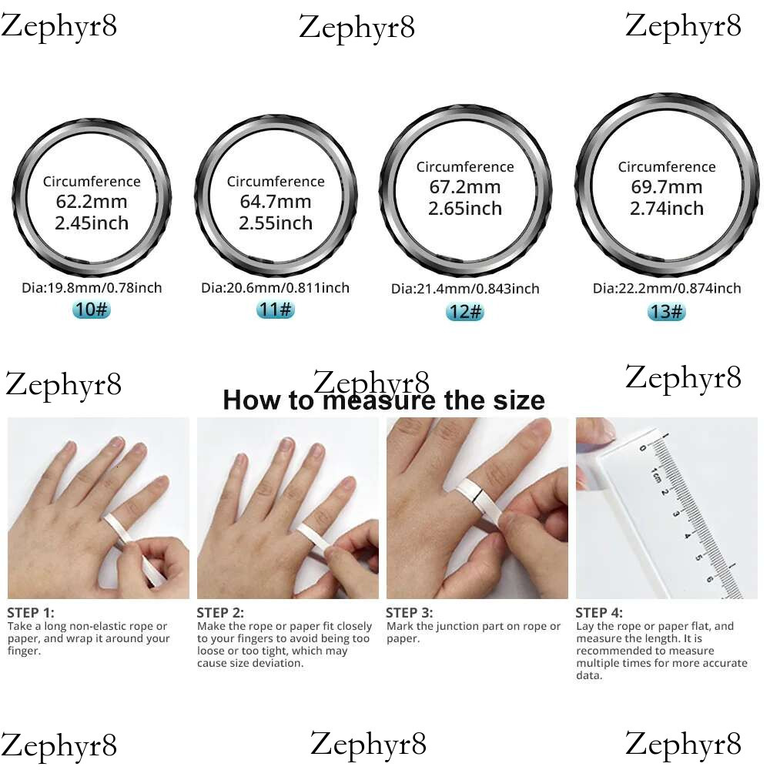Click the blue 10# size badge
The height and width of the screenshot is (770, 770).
(92, 310)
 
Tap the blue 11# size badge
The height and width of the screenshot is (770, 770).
(275, 310)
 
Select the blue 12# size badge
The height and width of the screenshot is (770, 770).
(464, 312)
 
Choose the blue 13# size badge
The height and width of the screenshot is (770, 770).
(666, 311)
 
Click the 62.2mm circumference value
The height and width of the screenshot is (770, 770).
(92, 203)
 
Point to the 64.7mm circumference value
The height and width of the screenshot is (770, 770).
(275, 203)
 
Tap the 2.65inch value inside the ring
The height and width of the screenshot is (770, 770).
(464, 209)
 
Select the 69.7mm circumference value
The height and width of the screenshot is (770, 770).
(666, 187)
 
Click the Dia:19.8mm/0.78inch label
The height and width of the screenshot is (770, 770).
(92, 288)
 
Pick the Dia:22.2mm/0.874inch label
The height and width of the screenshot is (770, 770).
(666, 289)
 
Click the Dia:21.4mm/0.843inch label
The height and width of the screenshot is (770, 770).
(464, 290)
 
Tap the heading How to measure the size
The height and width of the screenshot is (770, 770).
(383, 400)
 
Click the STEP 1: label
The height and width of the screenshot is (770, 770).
(31, 613)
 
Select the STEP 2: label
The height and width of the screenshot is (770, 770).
(220, 613)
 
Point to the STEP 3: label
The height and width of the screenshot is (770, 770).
(409, 613)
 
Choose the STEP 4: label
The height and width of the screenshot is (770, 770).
(599, 613)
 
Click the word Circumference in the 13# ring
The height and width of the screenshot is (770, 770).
(666, 167)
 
